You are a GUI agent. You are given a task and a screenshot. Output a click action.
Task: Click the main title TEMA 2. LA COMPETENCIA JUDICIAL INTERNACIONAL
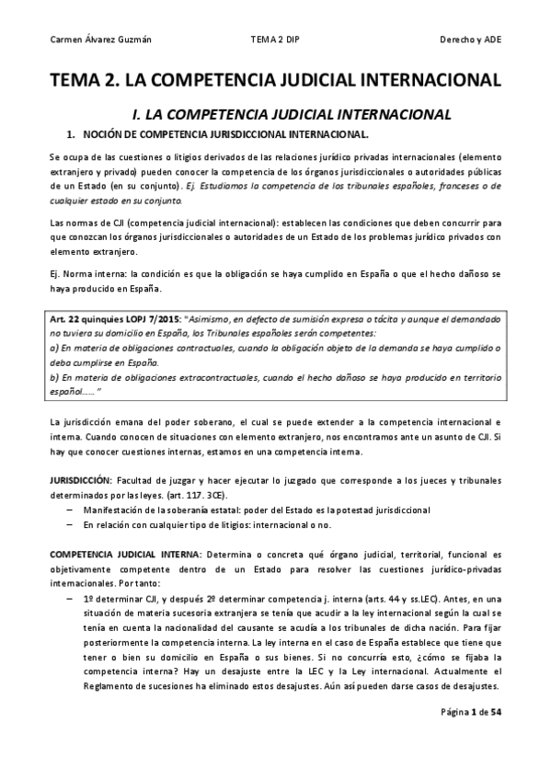(275, 80)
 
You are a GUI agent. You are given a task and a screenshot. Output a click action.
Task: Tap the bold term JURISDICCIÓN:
(79, 481)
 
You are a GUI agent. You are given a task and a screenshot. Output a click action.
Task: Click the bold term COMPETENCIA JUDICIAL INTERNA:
(125, 555)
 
